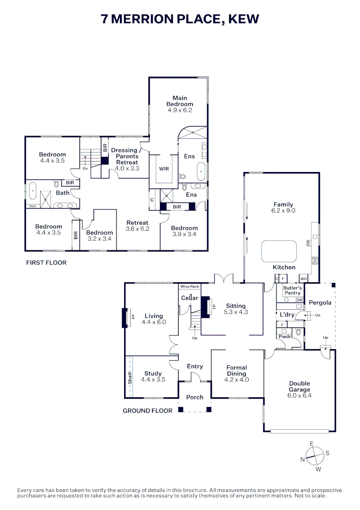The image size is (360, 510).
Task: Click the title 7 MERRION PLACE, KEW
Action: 180,19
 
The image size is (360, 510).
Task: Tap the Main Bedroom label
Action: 180,101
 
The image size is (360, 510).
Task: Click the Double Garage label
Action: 300,387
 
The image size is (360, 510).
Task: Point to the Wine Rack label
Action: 190,287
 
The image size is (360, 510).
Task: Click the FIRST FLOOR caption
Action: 46,263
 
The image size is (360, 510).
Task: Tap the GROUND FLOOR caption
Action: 148,411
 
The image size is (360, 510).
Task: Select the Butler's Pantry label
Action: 292,290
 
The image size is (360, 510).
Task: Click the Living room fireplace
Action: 125,317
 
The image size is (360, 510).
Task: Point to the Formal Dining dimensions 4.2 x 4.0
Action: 236,380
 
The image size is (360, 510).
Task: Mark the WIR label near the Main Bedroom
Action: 164,168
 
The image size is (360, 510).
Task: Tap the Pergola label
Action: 320,303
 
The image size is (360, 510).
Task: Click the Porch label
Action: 195,397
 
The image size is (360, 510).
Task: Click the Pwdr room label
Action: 284,338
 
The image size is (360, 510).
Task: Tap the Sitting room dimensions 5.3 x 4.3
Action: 236,312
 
